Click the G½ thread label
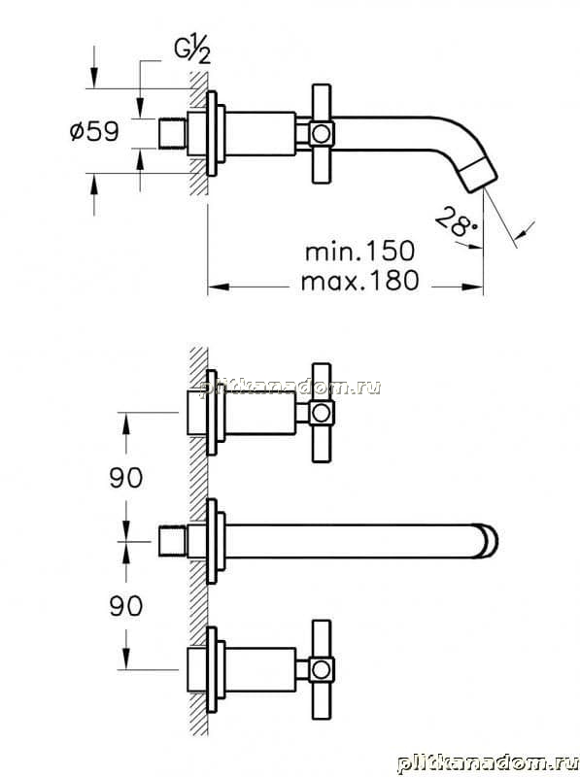(192, 51)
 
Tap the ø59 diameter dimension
(94, 132)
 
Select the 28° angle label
(455, 221)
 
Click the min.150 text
(359, 252)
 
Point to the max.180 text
(359, 281)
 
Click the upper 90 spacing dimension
(126, 478)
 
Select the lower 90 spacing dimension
(126, 606)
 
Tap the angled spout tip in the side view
(481, 176)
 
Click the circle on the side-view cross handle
(322, 133)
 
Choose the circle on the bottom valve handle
(322, 669)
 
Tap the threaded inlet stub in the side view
(173, 133)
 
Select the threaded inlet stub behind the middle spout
(173, 541)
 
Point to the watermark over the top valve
(290, 387)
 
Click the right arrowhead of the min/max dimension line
(472, 287)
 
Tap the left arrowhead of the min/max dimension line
(219, 287)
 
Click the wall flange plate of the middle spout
(212, 541)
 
